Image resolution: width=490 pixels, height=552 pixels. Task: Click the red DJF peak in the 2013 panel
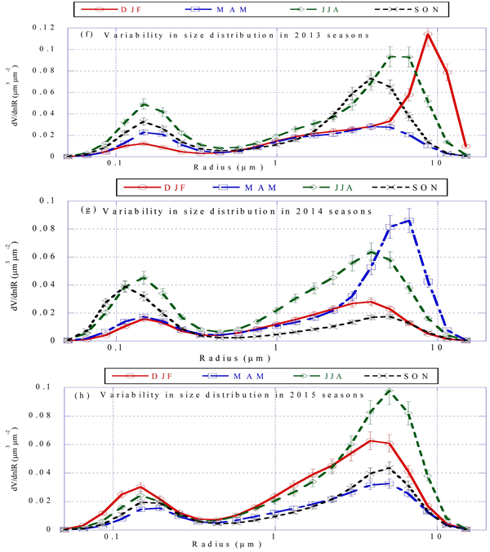point(428,34)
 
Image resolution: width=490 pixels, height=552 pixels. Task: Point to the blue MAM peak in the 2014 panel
point(409,219)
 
